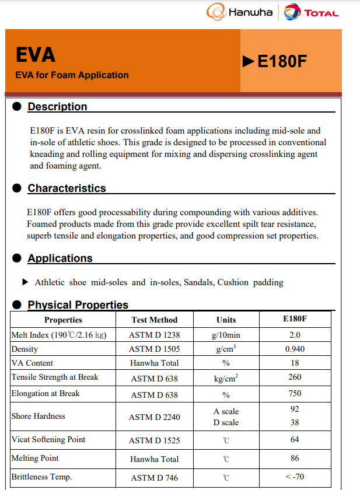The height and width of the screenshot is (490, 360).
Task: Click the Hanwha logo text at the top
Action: tap(250, 12)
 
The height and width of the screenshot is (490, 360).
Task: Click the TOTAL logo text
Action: tap(321, 13)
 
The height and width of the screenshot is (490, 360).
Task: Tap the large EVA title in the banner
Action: tap(36, 55)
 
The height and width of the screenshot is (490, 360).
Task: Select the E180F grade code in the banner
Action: tap(282, 61)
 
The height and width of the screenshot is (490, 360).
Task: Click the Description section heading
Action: tap(57, 107)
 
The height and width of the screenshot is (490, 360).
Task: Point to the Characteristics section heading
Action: tap(67, 188)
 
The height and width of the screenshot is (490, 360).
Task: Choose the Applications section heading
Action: tap(60, 258)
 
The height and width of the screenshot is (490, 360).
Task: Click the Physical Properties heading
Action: tap(78, 305)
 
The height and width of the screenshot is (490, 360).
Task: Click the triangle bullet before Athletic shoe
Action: tap(25, 282)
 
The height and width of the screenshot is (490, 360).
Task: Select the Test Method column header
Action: tap(155, 320)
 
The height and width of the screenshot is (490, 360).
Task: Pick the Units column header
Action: tap(226, 320)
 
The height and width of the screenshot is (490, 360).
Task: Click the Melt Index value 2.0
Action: tap(295, 335)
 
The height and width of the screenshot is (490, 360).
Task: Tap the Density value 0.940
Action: tap(295, 349)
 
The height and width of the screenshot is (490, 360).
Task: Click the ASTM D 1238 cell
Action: tap(155, 335)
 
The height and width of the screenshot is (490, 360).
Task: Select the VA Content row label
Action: tap(32, 363)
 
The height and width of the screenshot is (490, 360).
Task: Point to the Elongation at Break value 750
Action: tap(295, 394)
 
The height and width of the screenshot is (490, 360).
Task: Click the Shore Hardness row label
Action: tap(39, 416)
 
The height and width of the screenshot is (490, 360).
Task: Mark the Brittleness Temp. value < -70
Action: tap(295, 477)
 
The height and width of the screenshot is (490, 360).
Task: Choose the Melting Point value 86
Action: tap(295, 459)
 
